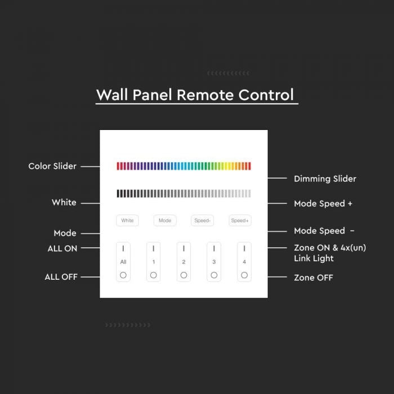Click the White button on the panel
click(x=127, y=221)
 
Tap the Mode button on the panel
click(x=165, y=221)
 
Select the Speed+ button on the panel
click(x=240, y=221)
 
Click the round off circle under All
click(x=123, y=275)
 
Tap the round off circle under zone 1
click(x=153, y=275)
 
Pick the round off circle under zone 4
click(x=244, y=275)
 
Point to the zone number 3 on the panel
click(x=214, y=262)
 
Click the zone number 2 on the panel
click(x=183, y=262)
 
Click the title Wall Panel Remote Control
click(x=195, y=95)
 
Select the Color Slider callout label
click(x=52, y=166)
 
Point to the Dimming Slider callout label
click(x=325, y=178)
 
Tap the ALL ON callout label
click(x=62, y=248)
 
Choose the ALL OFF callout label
click(x=61, y=277)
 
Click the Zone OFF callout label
click(x=314, y=277)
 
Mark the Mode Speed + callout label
click(x=323, y=203)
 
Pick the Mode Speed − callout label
click(x=324, y=231)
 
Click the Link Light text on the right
click(x=314, y=258)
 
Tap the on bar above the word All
click(x=123, y=248)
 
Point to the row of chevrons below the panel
click(x=128, y=325)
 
